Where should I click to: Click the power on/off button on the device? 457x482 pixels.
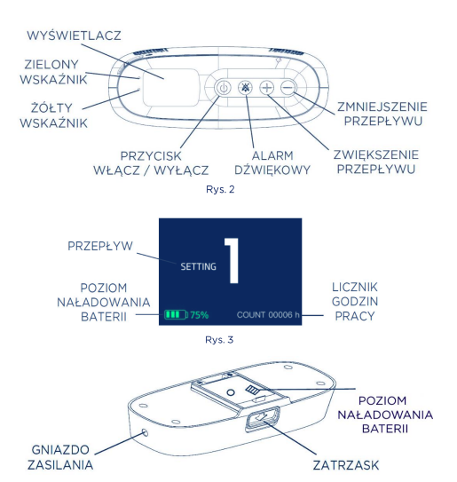[224, 88]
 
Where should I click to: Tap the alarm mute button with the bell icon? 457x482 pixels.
[245, 88]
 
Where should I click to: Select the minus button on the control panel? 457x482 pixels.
[288, 88]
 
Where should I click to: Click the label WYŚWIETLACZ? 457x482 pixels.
[74, 36]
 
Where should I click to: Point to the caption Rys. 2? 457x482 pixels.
[220, 189]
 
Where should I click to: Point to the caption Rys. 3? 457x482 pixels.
[219, 340]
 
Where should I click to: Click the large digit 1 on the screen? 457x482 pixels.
[232, 261]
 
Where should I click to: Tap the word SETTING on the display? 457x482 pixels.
[198, 266]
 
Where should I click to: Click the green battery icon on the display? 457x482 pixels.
[176, 314]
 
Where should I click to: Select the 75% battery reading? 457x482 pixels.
[200, 315]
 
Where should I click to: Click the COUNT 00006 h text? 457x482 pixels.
[268, 315]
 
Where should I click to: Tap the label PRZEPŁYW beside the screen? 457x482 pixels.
[100, 246]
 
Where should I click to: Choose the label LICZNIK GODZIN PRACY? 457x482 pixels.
[355, 301]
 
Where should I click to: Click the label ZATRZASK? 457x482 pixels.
[346, 465]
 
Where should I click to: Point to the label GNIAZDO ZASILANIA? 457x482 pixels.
[60, 457]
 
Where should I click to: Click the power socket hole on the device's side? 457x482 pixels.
[145, 433]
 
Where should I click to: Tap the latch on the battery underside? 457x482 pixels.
[263, 418]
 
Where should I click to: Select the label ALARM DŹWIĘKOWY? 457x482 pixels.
[272, 162]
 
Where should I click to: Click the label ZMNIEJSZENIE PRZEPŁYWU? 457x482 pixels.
[382, 114]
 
